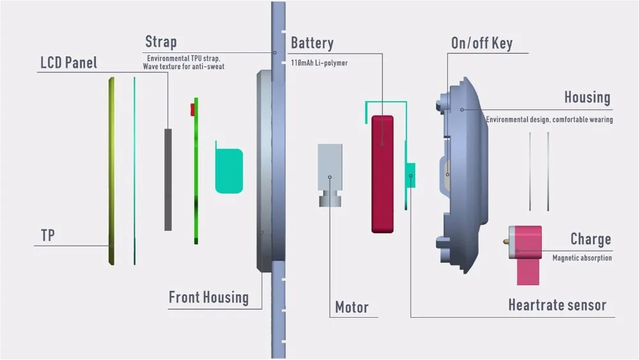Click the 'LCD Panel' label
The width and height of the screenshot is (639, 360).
click(69, 63)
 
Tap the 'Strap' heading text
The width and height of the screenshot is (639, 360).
click(161, 42)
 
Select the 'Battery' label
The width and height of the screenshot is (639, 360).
click(312, 43)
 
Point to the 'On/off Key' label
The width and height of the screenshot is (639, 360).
click(482, 43)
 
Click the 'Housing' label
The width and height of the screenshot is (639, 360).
click(587, 97)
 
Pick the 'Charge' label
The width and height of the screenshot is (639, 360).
click(590, 239)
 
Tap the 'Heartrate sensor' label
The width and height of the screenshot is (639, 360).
click(557, 305)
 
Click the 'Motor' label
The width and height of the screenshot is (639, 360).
click(351, 307)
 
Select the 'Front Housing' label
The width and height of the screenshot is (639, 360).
click(209, 297)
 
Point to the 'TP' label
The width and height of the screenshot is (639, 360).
click(48, 235)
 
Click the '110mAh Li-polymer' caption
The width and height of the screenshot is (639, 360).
click(319, 63)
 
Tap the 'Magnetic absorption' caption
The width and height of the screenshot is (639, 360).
click(582, 258)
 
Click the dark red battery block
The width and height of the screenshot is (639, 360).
click(382, 174)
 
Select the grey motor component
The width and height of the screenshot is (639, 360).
click(330, 175)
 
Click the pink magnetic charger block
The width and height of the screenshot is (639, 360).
click(526, 254)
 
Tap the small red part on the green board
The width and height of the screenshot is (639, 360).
click(192, 110)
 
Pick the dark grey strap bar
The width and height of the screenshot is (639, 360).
click(168, 180)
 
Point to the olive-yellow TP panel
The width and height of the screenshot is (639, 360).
click(111, 171)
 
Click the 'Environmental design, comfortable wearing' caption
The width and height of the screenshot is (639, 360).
click(550, 120)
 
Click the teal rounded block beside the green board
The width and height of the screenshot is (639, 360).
click(229, 171)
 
